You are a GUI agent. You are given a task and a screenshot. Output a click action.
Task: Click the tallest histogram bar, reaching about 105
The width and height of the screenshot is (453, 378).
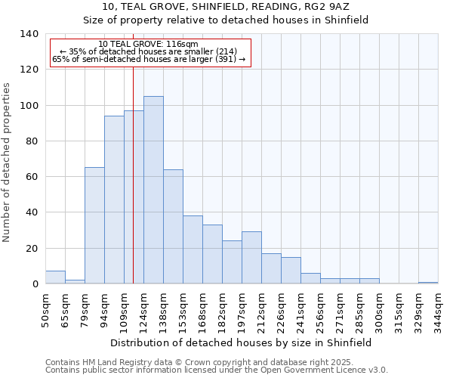click(x=153, y=190)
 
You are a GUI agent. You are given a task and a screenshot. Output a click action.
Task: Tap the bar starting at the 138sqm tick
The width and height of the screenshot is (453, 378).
click(x=173, y=226)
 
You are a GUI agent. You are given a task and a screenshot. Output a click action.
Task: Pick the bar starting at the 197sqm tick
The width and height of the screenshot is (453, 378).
click(x=251, y=258)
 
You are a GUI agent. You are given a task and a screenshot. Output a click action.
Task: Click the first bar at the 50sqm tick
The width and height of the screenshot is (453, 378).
click(x=55, y=277)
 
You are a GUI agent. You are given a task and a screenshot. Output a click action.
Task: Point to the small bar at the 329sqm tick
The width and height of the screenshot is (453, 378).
click(x=428, y=282)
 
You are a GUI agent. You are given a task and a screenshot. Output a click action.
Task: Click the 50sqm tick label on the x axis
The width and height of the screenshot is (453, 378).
click(x=45, y=310)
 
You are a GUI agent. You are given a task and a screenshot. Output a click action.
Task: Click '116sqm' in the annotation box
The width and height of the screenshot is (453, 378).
click(x=182, y=45)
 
